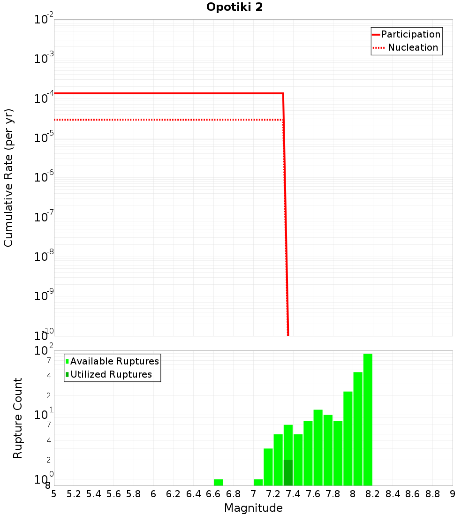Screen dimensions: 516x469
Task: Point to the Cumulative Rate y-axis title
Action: [9, 178]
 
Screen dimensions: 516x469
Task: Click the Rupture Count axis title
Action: [18, 418]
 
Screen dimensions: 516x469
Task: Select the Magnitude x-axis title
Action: [253, 508]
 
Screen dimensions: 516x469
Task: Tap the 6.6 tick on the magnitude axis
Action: [213, 494]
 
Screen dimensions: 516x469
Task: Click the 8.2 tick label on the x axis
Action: [373, 494]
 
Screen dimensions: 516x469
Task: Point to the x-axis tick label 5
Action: [54, 494]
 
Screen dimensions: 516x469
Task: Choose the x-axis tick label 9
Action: [453, 494]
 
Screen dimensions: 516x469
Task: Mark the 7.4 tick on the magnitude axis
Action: [293, 494]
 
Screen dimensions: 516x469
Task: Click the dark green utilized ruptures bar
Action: [288, 473]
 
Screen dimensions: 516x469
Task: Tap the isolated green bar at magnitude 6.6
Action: [218, 482]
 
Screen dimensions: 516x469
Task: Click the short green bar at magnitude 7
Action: [258, 482]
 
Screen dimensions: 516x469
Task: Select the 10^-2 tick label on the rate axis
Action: [44, 20]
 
